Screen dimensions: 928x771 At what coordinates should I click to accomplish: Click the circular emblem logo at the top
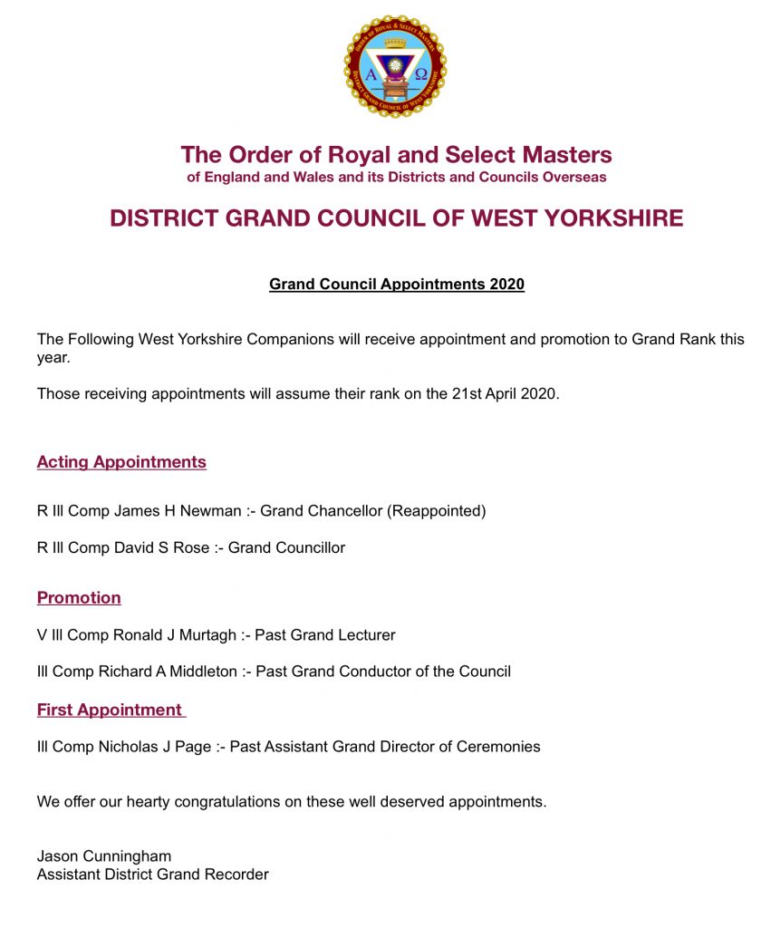click(x=395, y=66)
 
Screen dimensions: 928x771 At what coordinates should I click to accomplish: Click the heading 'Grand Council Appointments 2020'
click(x=396, y=285)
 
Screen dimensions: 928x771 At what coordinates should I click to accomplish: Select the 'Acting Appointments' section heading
click(x=121, y=462)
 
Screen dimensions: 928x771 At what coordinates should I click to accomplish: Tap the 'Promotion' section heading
click(x=79, y=598)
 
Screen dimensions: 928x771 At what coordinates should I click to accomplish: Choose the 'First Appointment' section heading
click(x=110, y=710)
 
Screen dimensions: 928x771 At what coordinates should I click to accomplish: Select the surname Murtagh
click(x=208, y=635)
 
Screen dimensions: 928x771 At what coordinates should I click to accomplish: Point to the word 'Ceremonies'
click(x=500, y=748)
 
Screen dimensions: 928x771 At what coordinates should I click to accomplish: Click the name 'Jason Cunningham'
click(x=104, y=856)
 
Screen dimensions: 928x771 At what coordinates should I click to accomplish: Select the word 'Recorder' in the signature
click(x=238, y=875)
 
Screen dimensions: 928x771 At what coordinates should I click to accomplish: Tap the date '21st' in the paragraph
click(x=445, y=394)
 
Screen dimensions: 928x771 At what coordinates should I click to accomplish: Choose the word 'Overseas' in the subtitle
click(x=573, y=178)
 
